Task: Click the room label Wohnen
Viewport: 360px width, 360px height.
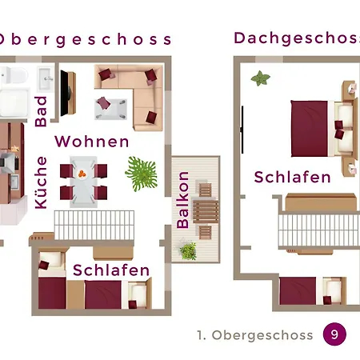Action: pos(92,142)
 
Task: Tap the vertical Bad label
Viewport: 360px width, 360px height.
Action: pos(41,111)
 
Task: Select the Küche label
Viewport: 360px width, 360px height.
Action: pos(41,182)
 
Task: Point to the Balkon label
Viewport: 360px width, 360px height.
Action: pos(183,200)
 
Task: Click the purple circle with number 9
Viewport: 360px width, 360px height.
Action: pos(334,334)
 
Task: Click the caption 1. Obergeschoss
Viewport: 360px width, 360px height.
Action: pos(255,335)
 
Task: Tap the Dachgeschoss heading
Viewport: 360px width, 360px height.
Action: pos(297,38)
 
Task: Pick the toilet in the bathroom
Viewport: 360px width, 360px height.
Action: pos(14,75)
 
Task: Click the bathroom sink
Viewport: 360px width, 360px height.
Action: pos(46,78)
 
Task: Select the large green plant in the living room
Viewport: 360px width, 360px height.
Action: pos(142,174)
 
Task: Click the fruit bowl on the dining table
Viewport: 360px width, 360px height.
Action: pos(82,174)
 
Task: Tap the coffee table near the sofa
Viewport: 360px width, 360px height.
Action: pos(111,109)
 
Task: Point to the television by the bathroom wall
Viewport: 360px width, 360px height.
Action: pos(67,94)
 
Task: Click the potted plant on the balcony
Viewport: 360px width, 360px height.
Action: pos(189,251)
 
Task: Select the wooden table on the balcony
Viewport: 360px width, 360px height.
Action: pos(206,212)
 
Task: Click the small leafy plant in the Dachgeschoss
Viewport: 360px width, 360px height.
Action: pos(260,78)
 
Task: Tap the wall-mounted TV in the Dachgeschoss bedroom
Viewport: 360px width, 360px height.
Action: pos(242,130)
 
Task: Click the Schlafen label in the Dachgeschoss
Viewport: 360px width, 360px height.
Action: pos(293,177)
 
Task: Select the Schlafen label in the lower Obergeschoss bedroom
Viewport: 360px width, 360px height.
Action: pos(111,270)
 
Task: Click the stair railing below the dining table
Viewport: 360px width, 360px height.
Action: pos(94,226)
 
